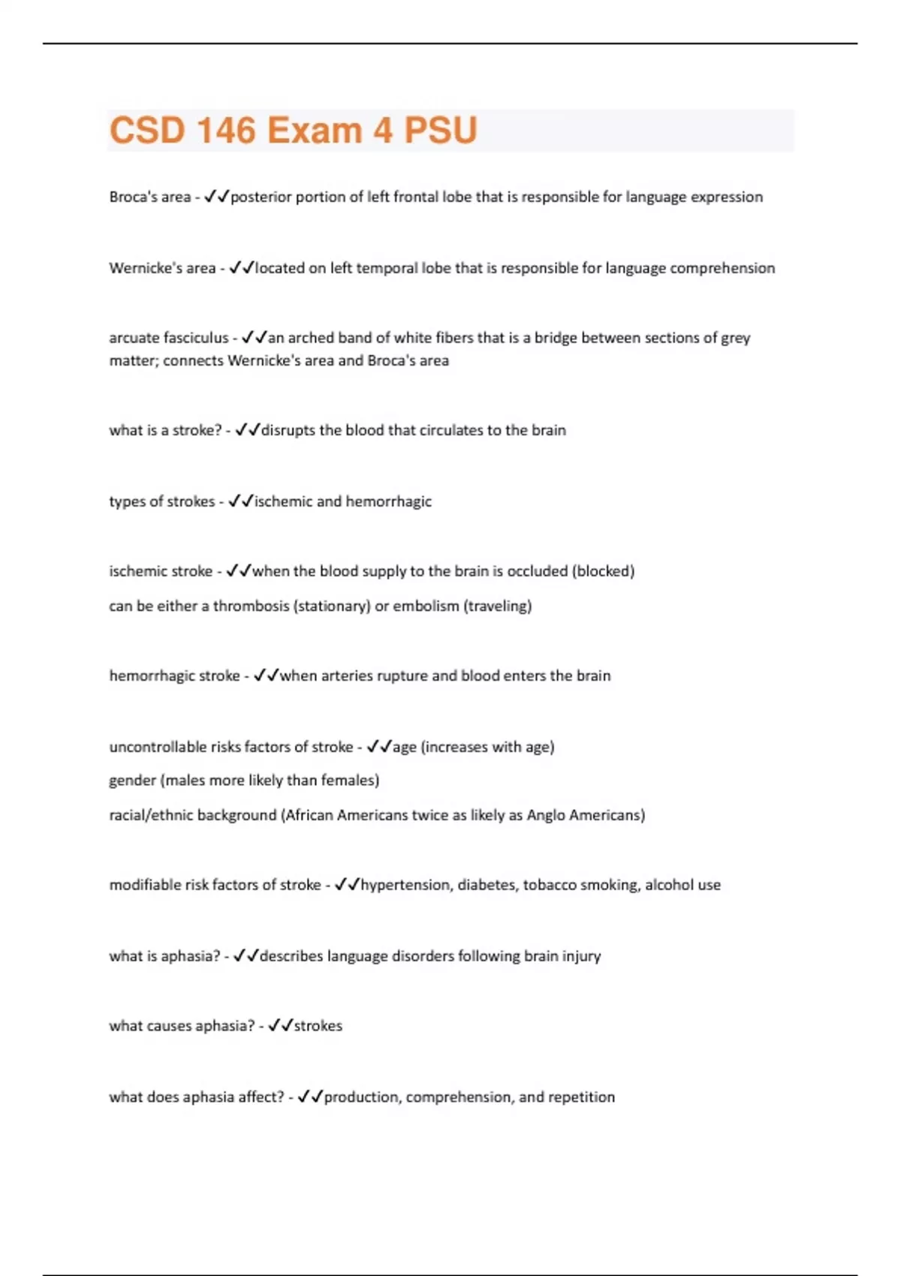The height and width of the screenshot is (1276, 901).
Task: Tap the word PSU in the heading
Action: (x=441, y=131)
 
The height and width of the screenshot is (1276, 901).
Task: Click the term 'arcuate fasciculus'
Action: (x=168, y=339)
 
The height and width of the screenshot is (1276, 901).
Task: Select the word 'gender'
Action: (x=132, y=781)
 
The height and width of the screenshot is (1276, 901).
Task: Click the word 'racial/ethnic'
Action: (x=155, y=815)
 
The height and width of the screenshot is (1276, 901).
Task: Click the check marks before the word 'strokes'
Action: (x=280, y=1025)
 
